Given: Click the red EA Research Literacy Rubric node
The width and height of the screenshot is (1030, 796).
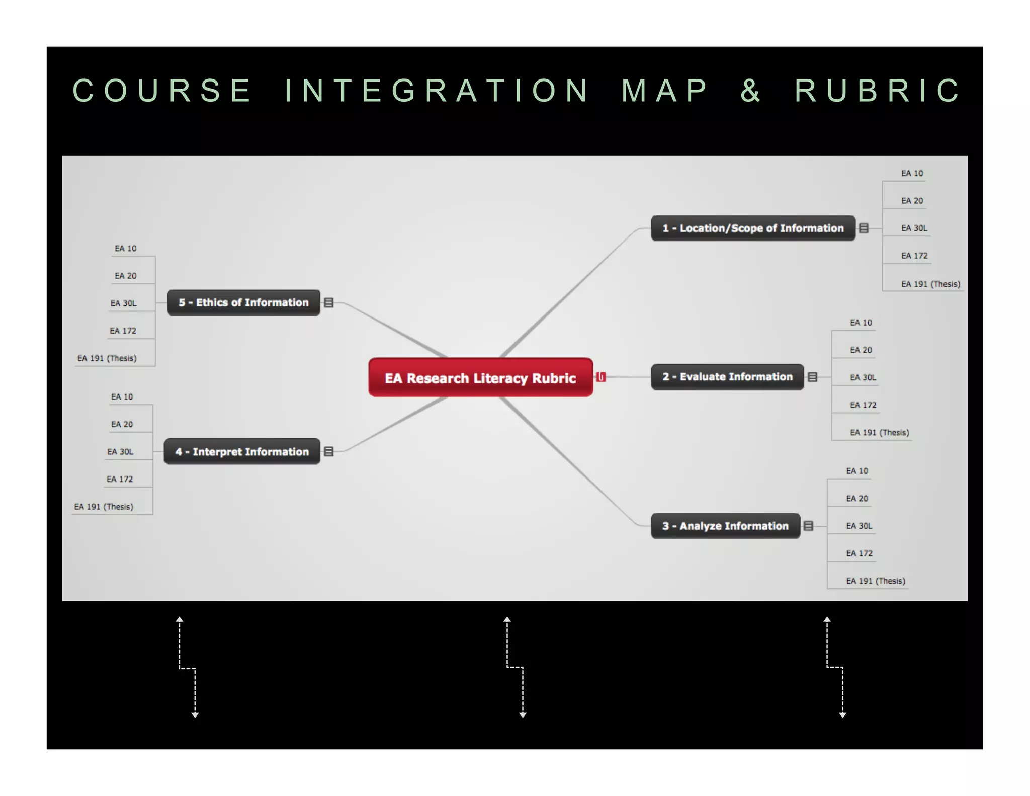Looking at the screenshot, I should click(x=480, y=378).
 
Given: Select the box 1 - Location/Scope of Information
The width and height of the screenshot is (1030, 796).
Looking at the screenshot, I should click(x=752, y=228).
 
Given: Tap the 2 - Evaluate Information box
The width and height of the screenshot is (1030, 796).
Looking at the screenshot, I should click(x=727, y=377).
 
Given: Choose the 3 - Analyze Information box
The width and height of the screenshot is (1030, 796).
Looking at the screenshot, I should click(x=725, y=526).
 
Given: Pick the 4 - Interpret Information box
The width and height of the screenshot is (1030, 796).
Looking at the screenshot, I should click(x=241, y=452).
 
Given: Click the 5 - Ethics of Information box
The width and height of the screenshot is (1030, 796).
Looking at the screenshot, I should click(x=243, y=303).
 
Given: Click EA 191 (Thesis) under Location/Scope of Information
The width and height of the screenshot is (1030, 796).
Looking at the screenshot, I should click(x=930, y=284).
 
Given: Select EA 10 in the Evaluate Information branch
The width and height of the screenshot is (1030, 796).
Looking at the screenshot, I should click(x=861, y=323).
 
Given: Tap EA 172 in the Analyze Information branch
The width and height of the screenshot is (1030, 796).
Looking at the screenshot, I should click(x=859, y=553).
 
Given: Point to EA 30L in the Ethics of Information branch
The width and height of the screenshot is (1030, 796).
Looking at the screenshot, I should click(x=124, y=303).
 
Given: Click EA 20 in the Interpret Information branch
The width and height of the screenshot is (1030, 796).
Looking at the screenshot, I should click(x=122, y=424).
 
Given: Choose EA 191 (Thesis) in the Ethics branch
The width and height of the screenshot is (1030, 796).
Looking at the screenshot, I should click(x=107, y=358).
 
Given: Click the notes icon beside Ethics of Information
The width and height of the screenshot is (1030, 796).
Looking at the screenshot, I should click(x=329, y=302).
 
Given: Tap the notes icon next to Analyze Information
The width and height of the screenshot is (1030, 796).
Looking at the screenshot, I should click(x=808, y=526).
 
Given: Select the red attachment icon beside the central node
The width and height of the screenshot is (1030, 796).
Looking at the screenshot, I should click(x=601, y=377).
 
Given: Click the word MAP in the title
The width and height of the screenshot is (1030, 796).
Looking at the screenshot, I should click(x=665, y=91).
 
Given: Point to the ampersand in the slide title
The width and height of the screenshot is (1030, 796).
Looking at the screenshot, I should click(x=750, y=91).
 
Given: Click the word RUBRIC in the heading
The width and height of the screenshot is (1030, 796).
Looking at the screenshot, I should click(x=878, y=91).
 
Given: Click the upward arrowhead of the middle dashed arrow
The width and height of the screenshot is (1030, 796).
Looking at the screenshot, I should click(x=507, y=620).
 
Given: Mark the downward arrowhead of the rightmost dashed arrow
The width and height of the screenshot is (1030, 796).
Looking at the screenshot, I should click(x=842, y=714).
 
